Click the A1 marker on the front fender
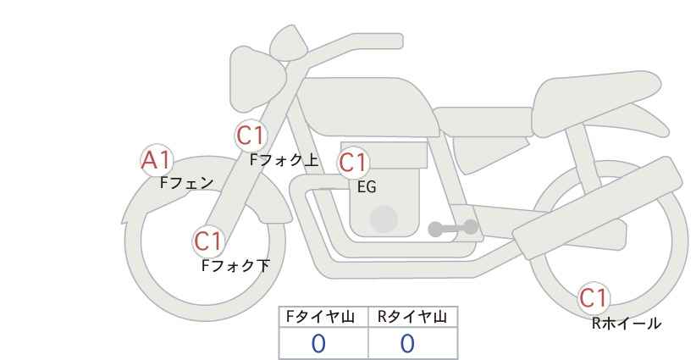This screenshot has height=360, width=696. [x=157, y=160]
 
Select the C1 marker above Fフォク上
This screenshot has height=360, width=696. [x=251, y=136]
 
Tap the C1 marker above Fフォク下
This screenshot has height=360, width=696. [x=208, y=241]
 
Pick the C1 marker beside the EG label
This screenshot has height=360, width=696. [x=353, y=163]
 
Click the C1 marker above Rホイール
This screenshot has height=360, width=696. [x=594, y=297]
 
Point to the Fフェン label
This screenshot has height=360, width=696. [x=186, y=183]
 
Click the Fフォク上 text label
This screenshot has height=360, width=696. [x=284, y=160]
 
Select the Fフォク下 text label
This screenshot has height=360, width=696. [x=235, y=265]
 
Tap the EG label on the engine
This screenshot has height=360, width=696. [x=367, y=187]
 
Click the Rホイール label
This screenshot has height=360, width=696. [x=627, y=324]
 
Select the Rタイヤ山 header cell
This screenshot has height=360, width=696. [x=413, y=317]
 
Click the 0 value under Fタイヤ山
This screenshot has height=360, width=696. [x=318, y=344]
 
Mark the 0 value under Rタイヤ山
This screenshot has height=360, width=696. [x=407, y=344]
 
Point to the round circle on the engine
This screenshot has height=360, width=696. [x=384, y=219]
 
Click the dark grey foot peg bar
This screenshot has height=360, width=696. [x=453, y=228]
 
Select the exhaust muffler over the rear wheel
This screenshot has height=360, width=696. [x=598, y=208]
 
